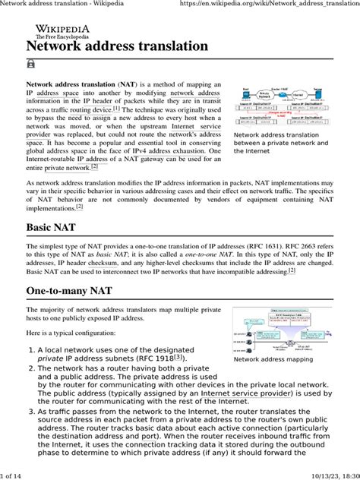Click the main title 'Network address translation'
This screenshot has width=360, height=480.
118,46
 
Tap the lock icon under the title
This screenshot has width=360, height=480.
32,65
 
